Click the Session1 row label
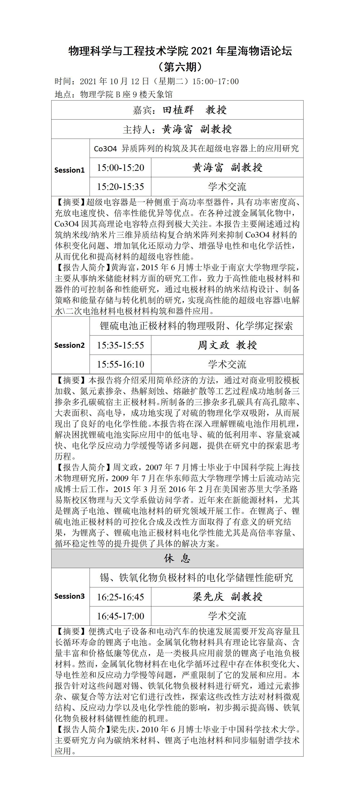(x=69, y=170)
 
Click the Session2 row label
(x=69, y=345)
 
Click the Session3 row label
(x=69, y=596)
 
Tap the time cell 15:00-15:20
(x=120, y=167)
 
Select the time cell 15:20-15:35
(x=120, y=186)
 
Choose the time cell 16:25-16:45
(x=120, y=597)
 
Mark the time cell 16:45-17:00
(x=120, y=616)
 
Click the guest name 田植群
(x=178, y=110)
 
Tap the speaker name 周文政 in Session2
(x=213, y=345)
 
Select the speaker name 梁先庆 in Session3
(x=208, y=596)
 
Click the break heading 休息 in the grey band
(x=177, y=558)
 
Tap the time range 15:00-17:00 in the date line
(x=216, y=82)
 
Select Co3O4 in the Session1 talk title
(x=105, y=149)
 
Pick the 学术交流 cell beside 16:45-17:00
(x=227, y=616)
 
